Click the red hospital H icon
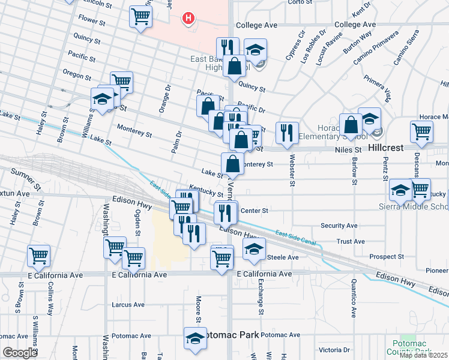(189, 18)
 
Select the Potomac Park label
(232, 334)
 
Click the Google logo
(20, 352)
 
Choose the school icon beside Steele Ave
(255, 249)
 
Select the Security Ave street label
(339, 226)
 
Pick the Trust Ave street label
(351, 241)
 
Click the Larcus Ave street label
(128, 305)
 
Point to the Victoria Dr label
(334, 350)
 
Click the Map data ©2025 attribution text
(423, 355)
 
